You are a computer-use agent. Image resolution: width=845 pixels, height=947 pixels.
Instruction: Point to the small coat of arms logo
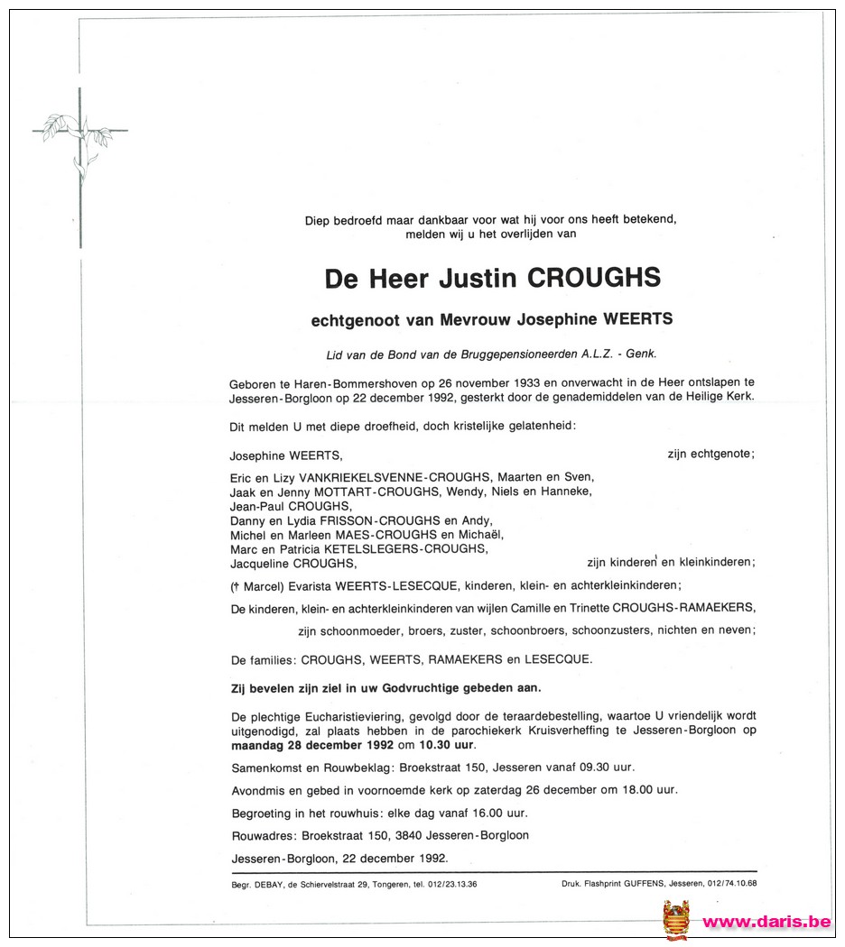point(676,920)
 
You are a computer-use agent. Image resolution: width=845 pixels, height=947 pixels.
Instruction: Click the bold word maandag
point(257,746)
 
